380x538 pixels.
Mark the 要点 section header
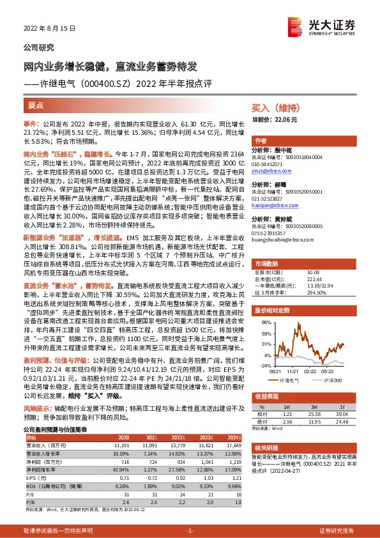click(x=36, y=104)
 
